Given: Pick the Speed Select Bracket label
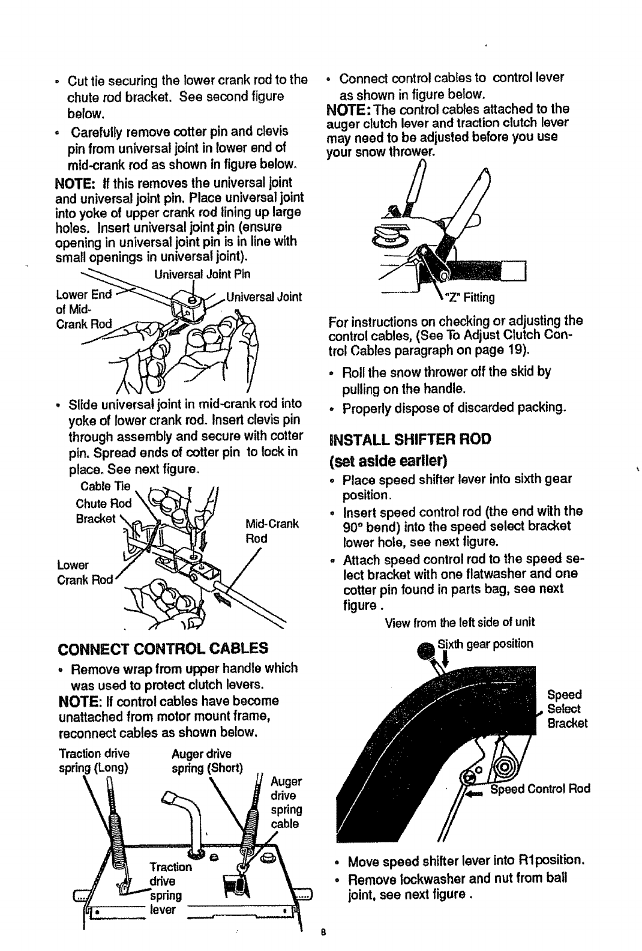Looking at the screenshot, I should [x=566, y=708].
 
